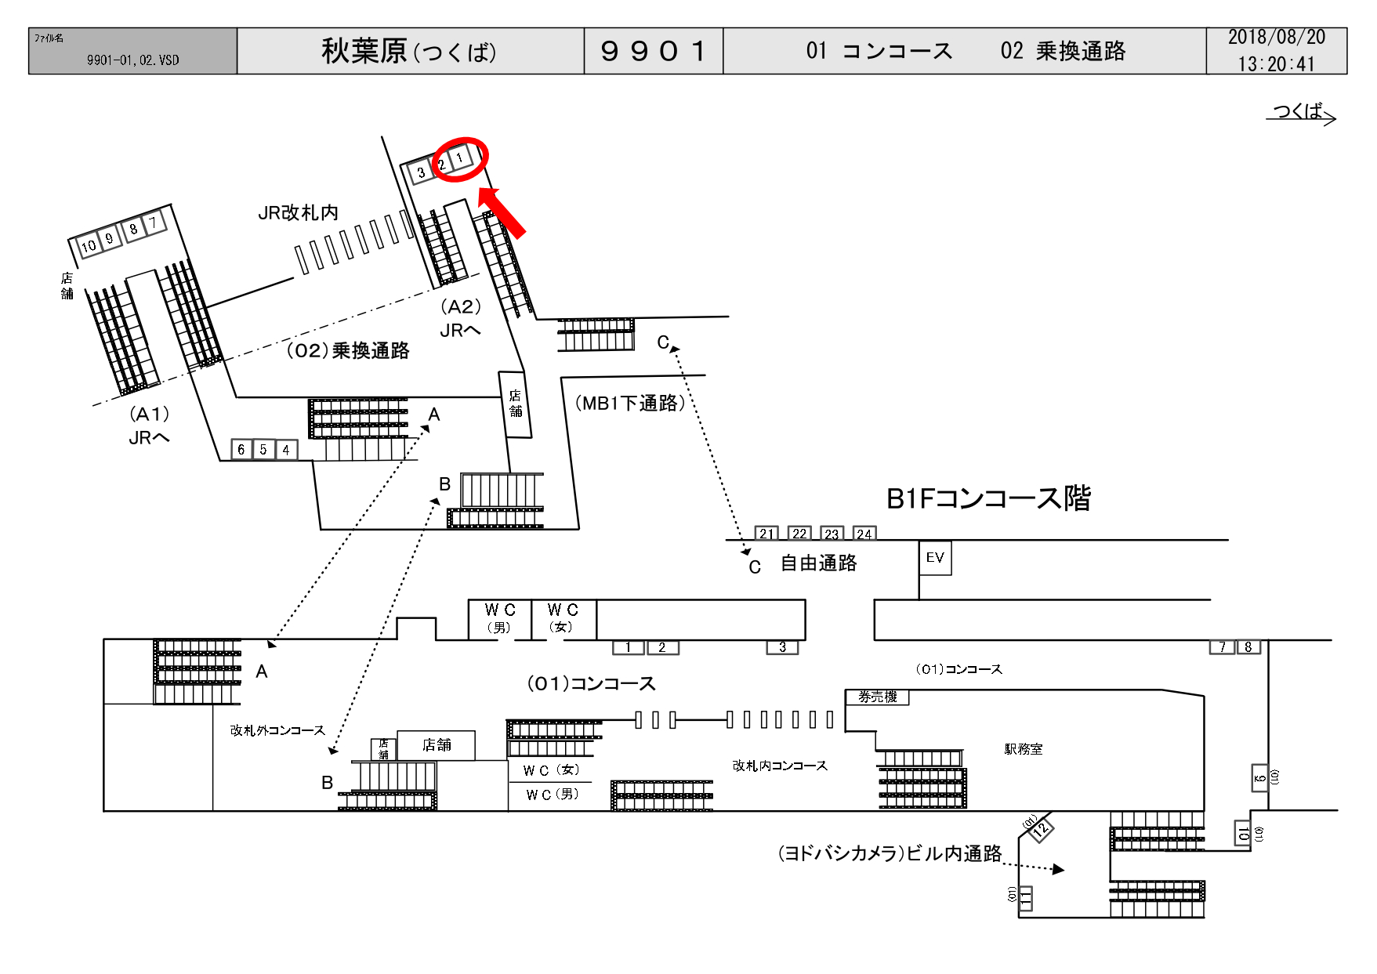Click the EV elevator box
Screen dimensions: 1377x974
pyautogui.click(x=935, y=558)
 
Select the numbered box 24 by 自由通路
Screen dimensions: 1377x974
pyautogui.click(x=864, y=534)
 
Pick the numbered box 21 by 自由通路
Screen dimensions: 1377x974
pyautogui.click(x=766, y=534)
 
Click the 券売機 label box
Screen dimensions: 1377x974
pyautogui.click(x=877, y=697)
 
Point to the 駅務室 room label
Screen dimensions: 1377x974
pyautogui.click(x=1024, y=749)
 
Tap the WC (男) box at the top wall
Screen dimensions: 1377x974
pyautogui.click(x=499, y=619)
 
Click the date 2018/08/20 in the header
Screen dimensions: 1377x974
pyautogui.click(x=1277, y=38)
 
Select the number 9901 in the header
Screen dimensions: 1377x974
pyautogui.click(x=654, y=52)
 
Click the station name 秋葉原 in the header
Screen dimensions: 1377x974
pyautogui.click(x=364, y=51)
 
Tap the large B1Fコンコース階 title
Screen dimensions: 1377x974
pyautogui.click(x=988, y=498)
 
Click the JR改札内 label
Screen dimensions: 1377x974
pyautogui.click(x=298, y=212)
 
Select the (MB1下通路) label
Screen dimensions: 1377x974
pyautogui.click(x=630, y=403)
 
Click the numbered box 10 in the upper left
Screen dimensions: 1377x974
pyautogui.click(x=89, y=245)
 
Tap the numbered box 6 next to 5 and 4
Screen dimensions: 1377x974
pyautogui.click(x=241, y=450)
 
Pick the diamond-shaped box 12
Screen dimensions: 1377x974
pyautogui.click(x=1041, y=828)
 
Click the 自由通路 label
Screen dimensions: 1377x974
pyautogui.click(x=819, y=563)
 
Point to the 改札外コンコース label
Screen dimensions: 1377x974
pyautogui.click(x=277, y=730)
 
